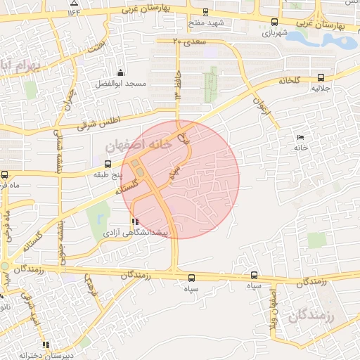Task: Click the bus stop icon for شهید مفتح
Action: tap(205, 12)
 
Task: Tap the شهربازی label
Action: tap(274, 33)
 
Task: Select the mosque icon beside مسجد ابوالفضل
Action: tap(120, 72)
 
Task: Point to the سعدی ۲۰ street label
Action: tap(187, 41)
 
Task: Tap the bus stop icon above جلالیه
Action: tap(321, 78)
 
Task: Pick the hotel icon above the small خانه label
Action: tap(301, 136)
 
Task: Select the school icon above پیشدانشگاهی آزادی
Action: tap(134, 221)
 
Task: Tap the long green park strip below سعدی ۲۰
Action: tap(210, 85)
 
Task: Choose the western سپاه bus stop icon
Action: tap(193, 276)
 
